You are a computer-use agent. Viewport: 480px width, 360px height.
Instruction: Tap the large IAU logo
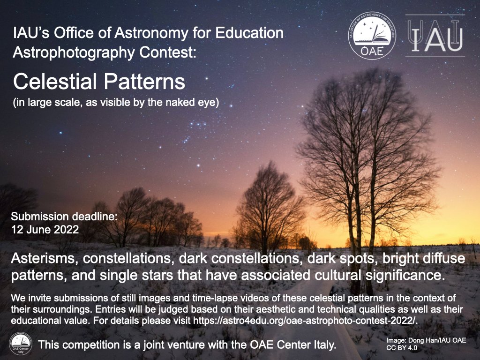click(435, 36)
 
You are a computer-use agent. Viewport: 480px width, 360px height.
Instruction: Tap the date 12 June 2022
click(45, 230)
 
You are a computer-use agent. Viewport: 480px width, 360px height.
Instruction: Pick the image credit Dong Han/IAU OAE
click(426, 341)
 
